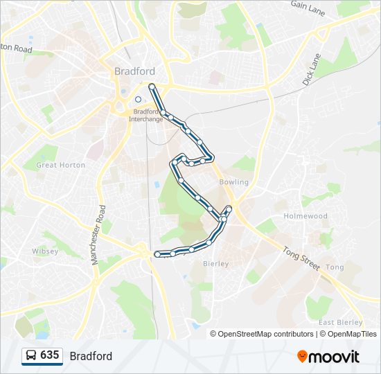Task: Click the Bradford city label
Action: (x=134, y=71)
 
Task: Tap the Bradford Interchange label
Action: (x=146, y=115)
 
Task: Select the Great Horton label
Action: (x=61, y=165)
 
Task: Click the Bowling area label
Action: (x=233, y=182)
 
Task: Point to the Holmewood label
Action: (x=305, y=216)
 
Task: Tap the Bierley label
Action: (x=215, y=264)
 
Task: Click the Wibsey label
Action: (x=45, y=251)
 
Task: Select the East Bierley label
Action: (x=341, y=323)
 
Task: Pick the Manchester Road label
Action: (x=98, y=235)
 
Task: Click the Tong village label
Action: (x=335, y=267)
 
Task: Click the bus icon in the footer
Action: (x=32, y=356)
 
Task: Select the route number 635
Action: (x=50, y=355)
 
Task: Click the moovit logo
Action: (x=328, y=357)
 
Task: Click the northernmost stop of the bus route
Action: (x=152, y=87)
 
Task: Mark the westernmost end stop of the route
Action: (x=158, y=254)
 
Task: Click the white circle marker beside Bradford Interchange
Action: (x=139, y=99)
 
